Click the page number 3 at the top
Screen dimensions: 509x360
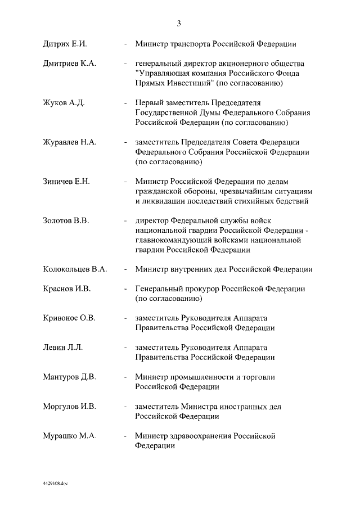pyautogui.click(x=179, y=23)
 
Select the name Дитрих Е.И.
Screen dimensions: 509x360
pyautogui.click(x=65, y=44)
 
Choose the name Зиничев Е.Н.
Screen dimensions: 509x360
pyautogui.click(x=66, y=182)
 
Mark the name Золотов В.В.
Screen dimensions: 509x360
pyautogui.click(x=66, y=220)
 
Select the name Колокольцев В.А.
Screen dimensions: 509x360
pyautogui.click(x=75, y=269)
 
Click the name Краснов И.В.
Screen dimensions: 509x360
pyautogui.click(x=67, y=289)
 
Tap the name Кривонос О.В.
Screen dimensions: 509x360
pyautogui.click(x=69, y=318)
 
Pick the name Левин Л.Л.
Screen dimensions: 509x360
pyautogui.click(x=63, y=347)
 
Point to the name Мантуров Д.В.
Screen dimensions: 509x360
pyautogui.click(x=70, y=376)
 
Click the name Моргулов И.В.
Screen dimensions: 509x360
pyautogui.click(x=70, y=406)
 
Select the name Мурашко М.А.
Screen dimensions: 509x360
pyautogui.click(x=69, y=435)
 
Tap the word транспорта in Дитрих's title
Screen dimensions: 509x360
pyautogui.click(x=194, y=44)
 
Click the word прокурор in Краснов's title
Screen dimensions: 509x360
pyautogui.click(x=201, y=289)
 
